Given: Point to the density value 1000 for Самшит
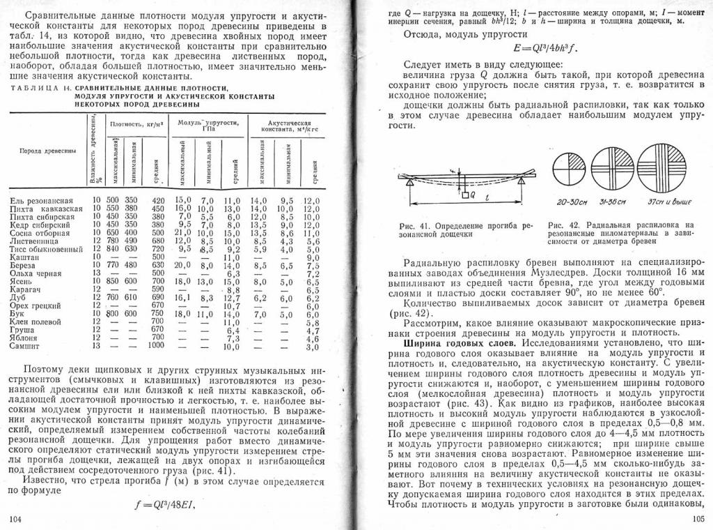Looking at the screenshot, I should (156, 346).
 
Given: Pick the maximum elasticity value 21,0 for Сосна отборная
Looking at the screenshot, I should (183, 232).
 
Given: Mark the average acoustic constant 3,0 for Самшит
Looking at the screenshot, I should (312, 347).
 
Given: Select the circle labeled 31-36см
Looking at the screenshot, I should (610, 167).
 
